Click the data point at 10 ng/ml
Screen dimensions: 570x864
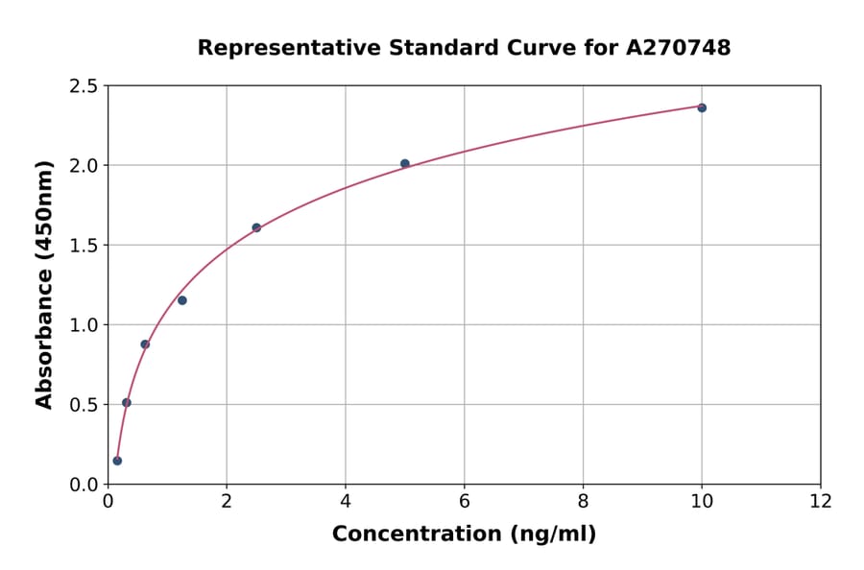pyautogui.click(x=702, y=107)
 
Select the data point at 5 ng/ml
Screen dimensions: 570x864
pyautogui.click(x=405, y=164)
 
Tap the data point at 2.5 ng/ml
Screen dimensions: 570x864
pyautogui.click(x=256, y=227)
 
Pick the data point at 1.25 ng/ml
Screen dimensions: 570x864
pyautogui.click(x=182, y=300)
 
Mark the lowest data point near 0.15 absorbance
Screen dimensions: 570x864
pyautogui.click(x=117, y=461)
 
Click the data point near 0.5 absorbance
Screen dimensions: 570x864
pyautogui.click(x=127, y=403)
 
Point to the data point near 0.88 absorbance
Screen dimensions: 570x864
pyautogui.click(x=145, y=344)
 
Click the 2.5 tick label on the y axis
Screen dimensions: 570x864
pyautogui.click(x=84, y=86)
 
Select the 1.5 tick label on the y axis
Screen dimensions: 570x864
pyautogui.click(x=84, y=246)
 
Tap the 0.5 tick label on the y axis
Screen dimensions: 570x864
pyautogui.click(x=84, y=405)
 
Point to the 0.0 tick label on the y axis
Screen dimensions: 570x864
pyautogui.click(x=84, y=485)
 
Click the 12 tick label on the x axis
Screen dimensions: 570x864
pyautogui.click(x=821, y=501)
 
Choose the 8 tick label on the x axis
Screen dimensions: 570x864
pyautogui.click(x=583, y=501)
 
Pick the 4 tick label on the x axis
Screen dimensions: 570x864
pyautogui.click(x=346, y=501)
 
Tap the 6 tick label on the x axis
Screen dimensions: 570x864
pyautogui.click(x=465, y=501)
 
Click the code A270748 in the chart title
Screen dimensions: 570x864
pyautogui.click(x=679, y=47)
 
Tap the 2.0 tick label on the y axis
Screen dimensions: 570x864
pyautogui.click(x=84, y=166)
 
